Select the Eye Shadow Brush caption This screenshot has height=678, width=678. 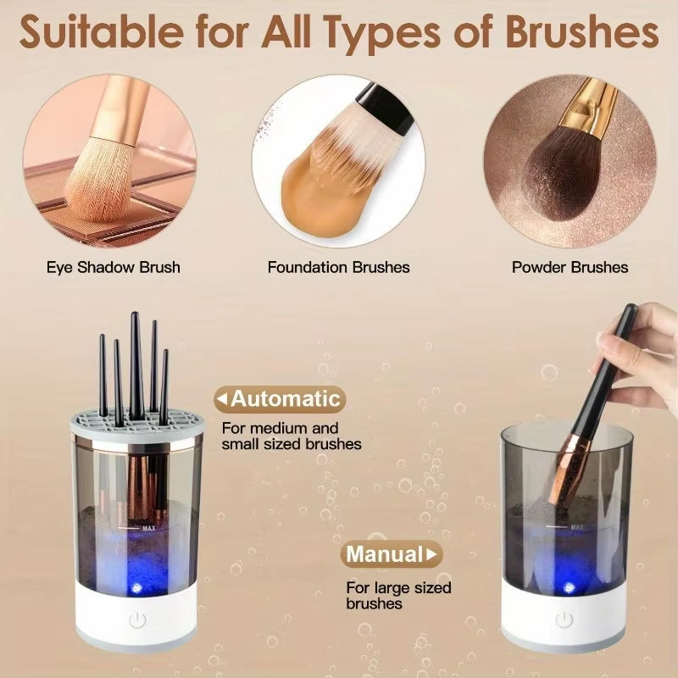pos(114,268)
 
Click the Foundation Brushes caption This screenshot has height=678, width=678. pos(338,268)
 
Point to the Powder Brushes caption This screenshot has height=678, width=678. pos(570,268)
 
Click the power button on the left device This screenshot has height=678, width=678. pos(137,620)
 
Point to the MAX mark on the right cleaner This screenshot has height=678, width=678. pos(576,527)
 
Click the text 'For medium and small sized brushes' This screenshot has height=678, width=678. pos(280,436)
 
